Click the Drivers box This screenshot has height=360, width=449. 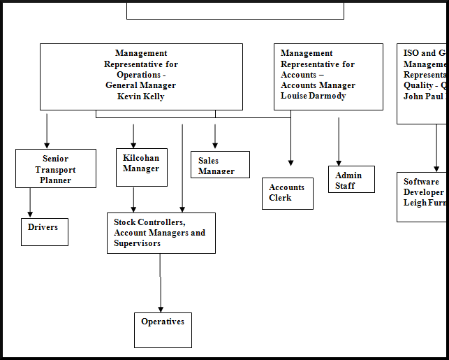(44, 231)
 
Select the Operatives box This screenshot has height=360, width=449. (163, 330)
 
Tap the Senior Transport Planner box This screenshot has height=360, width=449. (56, 168)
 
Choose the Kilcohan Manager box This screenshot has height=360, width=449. (141, 168)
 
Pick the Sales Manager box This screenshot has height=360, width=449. (220, 165)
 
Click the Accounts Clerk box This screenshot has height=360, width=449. (287, 193)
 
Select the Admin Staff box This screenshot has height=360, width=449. (351, 180)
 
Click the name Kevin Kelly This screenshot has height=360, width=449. (140, 96)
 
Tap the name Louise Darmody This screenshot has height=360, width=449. (314, 96)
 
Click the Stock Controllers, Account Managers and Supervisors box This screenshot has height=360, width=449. (161, 233)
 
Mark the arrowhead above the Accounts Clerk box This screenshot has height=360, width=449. (290, 162)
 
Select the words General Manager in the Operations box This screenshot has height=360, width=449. (140, 85)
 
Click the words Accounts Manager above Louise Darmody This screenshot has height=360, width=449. (318, 85)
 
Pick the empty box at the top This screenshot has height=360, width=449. (235, 10)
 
